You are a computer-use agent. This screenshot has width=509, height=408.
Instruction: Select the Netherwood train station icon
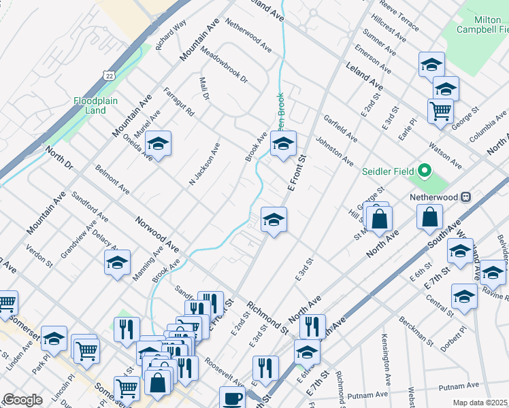tap(466, 197)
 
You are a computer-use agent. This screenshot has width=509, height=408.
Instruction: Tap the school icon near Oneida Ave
tap(158, 144)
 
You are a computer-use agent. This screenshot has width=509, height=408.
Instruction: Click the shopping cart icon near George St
tap(441, 110)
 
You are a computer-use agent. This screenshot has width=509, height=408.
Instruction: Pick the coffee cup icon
tap(232, 398)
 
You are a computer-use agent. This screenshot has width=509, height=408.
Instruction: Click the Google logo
tap(22, 400)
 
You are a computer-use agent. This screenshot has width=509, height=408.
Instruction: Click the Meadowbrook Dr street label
tap(224, 67)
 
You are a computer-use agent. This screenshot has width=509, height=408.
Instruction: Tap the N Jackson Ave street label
tap(205, 163)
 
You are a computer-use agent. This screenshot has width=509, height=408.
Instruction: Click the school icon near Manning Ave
tap(117, 263)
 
